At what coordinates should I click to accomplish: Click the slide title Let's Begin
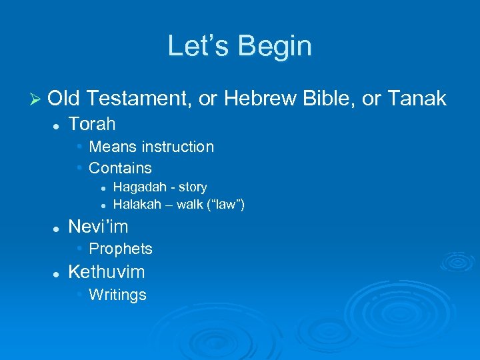239,46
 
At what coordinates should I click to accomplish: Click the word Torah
92,124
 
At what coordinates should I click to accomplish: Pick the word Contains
120,168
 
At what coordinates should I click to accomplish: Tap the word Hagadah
137,187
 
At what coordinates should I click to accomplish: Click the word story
193,187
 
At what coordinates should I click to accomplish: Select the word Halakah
137,204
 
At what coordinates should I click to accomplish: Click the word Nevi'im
99,227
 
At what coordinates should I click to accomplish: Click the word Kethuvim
107,272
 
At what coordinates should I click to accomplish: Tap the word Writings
117,295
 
